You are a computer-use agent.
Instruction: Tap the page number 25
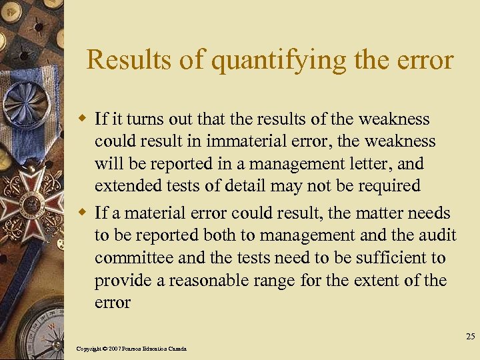pyautogui.click(x=471, y=337)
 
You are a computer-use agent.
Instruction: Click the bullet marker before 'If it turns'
pyautogui.click(x=83, y=120)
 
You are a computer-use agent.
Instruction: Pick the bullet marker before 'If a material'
pyautogui.click(x=83, y=213)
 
